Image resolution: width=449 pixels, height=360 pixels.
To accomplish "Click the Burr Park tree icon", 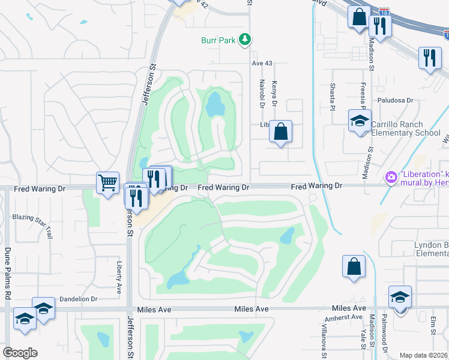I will pyautogui.click(x=244, y=40).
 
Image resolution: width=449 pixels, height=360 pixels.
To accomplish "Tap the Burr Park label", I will pyautogui.click(x=219, y=40).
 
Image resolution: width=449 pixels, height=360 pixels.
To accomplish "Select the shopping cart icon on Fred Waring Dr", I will pyautogui.click(x=107, y=182).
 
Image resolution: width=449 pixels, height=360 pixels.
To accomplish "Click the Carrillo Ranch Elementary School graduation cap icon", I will pyautogui.click(x=360, y=121).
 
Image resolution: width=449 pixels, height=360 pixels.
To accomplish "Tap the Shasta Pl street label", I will pyautogui.click(x=331, y=96).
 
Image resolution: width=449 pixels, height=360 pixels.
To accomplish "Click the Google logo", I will pyautogui.click(x=20, y=352).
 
